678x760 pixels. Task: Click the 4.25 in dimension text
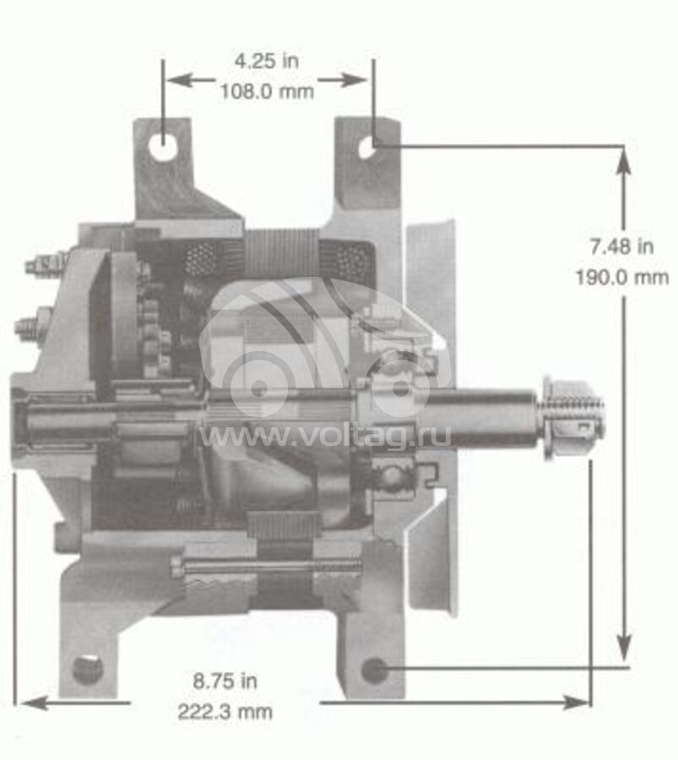[x=267, y=62]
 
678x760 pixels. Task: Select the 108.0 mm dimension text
[x=267, y=91]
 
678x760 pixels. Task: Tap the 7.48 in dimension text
[x=621, y=247]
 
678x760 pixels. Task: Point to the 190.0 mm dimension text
[x=622, y=278]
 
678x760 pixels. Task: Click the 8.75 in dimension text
[x=225, y=681]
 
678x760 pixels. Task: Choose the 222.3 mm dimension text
[x=225, y=712]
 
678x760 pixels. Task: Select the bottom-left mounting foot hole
[x=88, y=670]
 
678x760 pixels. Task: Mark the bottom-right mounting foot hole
[x=374, y=670]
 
